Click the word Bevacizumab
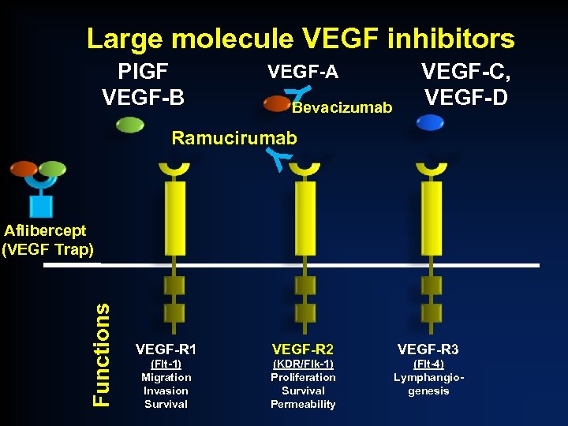342,107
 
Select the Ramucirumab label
234,138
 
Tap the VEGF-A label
303,73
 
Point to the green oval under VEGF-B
129,124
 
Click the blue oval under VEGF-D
430,122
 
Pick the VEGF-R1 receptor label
166,349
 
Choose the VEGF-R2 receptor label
303,349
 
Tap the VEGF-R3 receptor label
428,349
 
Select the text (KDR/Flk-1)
303,364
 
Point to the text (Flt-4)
428,364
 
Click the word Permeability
303,404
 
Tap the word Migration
166,377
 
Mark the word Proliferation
303,377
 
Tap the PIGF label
143,72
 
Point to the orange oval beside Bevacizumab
277,103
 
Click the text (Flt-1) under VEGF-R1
166,364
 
